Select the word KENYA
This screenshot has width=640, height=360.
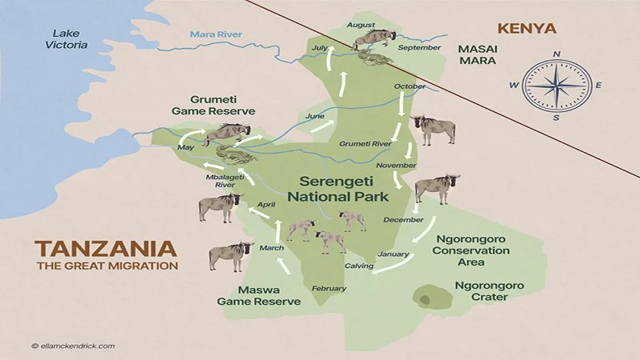click(526, 29)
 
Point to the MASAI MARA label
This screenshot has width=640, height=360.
click(478, 54)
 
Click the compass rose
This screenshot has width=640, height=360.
click(556, 86)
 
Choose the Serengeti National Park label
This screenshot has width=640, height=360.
click(338, 189)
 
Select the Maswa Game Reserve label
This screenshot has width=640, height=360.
click(258, 295)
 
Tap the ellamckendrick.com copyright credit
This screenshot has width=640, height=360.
click(73, 346)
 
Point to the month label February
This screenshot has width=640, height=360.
click(328, 287)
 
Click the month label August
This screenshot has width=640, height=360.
click(359, 25)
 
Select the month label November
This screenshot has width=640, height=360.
click(397, 165)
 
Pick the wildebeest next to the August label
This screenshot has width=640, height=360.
click(374, 38)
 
